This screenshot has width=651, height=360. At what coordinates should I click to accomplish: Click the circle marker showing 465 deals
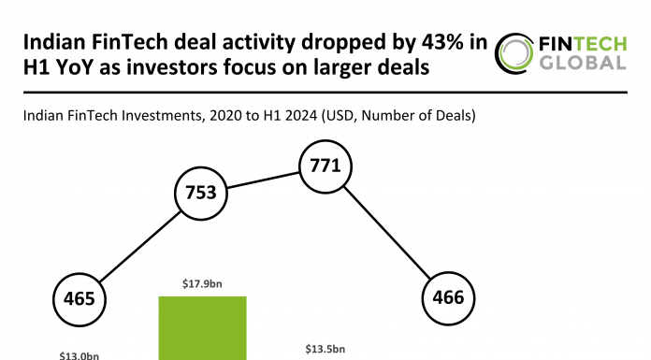click(x=80, y=299)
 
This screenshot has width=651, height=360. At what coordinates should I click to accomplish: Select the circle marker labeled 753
click(x=201, y=194)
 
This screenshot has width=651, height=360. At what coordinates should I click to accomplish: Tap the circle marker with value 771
click(x=324, y=167)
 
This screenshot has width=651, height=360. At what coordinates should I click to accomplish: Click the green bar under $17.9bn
click(x=202, y=327)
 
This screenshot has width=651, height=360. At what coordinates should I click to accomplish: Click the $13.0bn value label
click(x=80, y=355)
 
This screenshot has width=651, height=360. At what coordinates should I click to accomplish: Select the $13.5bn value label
click(x=325, y=349)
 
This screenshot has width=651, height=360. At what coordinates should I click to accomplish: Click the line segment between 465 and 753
click(x=140, y=247)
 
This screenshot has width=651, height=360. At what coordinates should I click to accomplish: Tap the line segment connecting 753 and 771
click(x=263, y=180)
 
